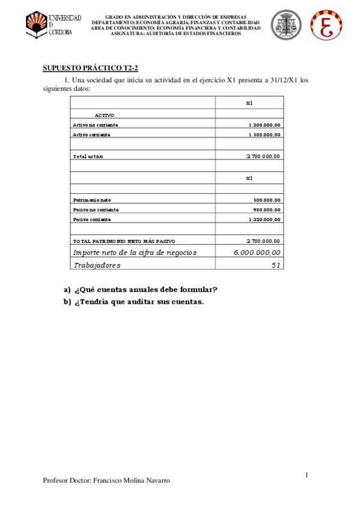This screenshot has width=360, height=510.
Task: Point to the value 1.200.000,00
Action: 264,124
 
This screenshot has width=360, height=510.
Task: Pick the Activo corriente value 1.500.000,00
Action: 264,135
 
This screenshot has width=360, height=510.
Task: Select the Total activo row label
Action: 88,156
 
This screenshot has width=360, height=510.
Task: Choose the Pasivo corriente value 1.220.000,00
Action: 264,220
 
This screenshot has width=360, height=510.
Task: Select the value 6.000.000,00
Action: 257,253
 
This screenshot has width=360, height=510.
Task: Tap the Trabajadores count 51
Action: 276,265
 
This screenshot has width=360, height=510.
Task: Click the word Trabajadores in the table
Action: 97,265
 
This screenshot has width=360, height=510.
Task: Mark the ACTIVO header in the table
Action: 104,114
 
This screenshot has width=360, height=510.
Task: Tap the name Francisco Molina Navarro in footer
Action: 132,481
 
